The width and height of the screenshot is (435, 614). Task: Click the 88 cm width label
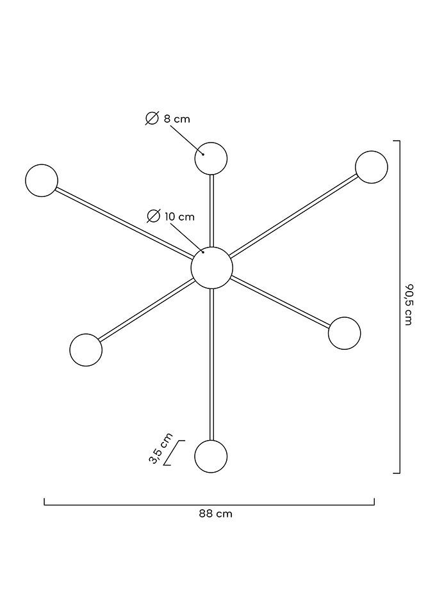click(x=215, y=514)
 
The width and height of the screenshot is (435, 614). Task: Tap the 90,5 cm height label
click(x=409, y=304)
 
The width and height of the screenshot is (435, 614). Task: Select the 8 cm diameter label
click(x=177, y=119)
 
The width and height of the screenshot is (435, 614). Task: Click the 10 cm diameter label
click(x=179, y=216)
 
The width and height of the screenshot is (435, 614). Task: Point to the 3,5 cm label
click(x=161, y=448)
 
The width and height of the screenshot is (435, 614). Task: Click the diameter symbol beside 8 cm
click(x=152, y=118)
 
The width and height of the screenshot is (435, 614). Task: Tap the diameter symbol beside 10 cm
click(x=153, y=216)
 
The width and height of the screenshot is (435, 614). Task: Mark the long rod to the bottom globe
click(x=212, y=365)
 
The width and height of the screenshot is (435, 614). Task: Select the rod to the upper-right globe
click(x=293, y=216)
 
